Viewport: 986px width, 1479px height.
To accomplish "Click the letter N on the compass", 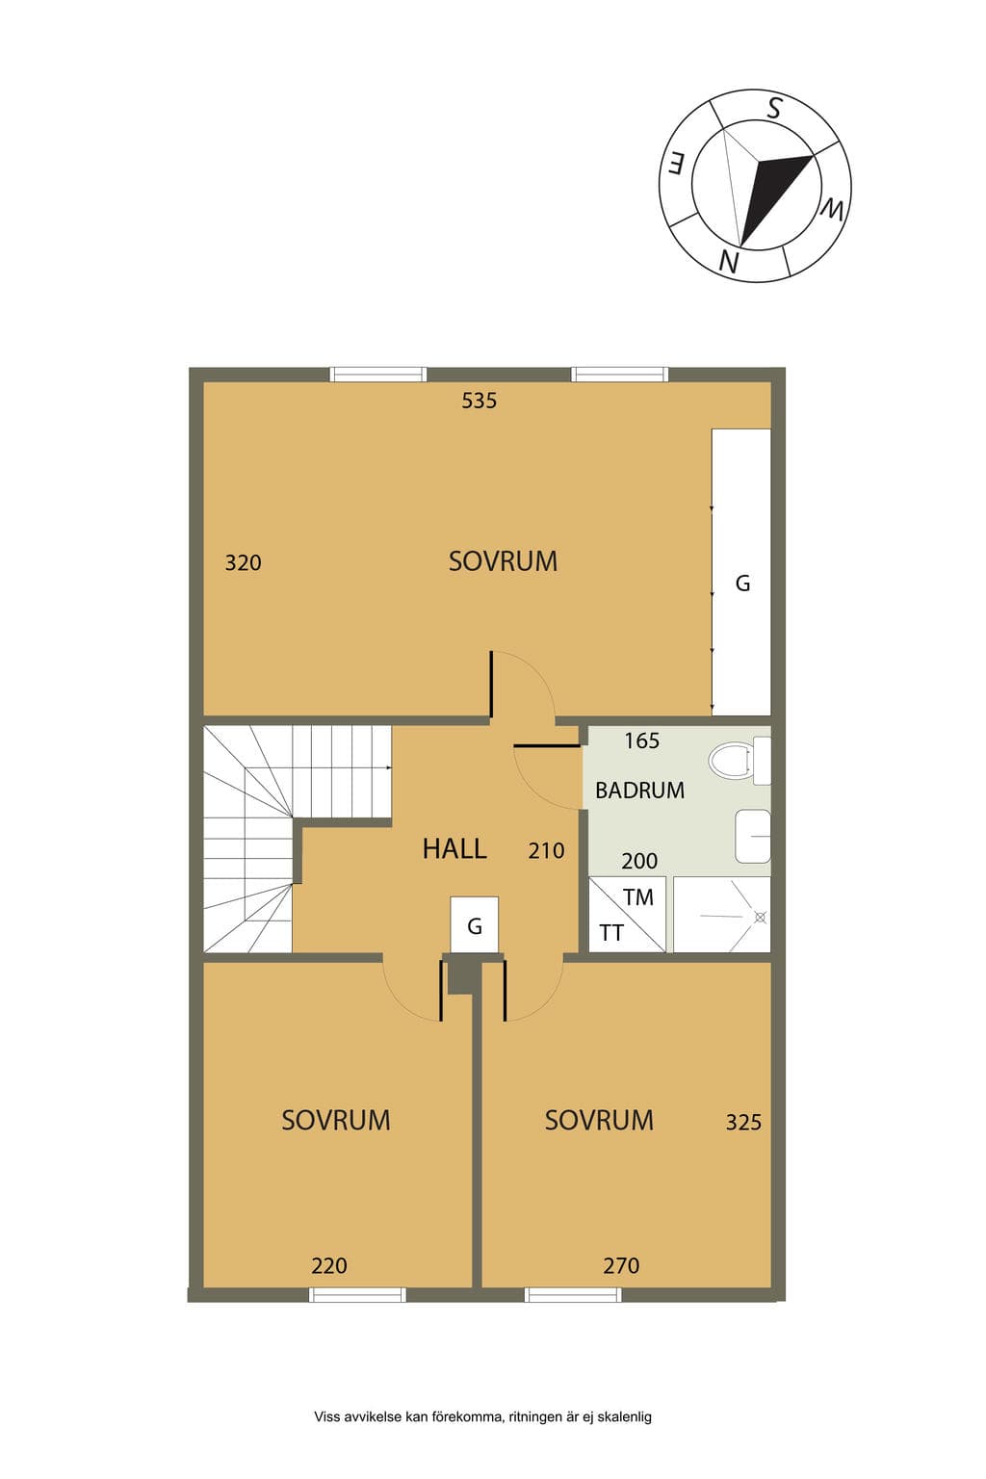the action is pyautogui.click(x=728, y=262).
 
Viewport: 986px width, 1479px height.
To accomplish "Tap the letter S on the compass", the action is pyautogui.click(x=774, y=108).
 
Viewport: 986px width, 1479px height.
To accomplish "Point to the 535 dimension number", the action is pyautogui.click(x=479, y=401).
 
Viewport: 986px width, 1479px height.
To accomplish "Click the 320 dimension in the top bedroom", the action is pyautogui.click(x=243, y=562).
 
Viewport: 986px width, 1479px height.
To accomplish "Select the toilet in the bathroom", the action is pyautogui.click(x=739, y=761).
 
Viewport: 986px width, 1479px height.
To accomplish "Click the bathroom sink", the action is pyautogui.click(x=753, y=836).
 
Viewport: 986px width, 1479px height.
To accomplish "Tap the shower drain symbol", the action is pyautogui.click(x=760, y=917).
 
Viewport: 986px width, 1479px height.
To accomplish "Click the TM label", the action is pyautogui.click(x=638, y=897).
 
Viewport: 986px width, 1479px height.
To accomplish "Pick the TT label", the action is pyautogui.click(x=611, y=933).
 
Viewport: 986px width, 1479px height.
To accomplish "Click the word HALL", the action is pyautogui.click(x=454, y=849).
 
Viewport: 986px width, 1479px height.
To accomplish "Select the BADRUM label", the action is pyautogui.click(x=639, y=791).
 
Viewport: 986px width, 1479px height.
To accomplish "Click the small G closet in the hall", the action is pyautogui.click(x=474, y=924).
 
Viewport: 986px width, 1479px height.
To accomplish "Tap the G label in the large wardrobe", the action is pyautogui.click(x=742, y=583).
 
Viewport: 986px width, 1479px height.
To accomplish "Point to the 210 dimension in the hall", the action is pyautogui.click(x=546, y=850).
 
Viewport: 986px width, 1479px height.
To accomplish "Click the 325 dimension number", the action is pyautogui.click(x=743, y=1122).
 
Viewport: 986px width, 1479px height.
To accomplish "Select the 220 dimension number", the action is pyautogui.click(x=329, y=1266).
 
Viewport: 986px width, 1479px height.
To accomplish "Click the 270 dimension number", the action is pyautogui.click(x=621, y=1266).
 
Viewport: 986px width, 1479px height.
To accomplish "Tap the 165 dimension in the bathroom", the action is pyautogui.click(x=642, y=740).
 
